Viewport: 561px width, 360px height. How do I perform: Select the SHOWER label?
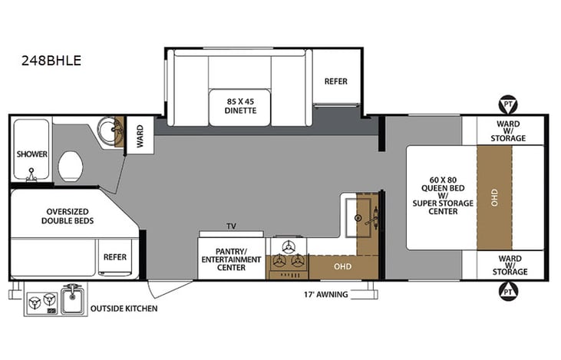click(x=32, y=154)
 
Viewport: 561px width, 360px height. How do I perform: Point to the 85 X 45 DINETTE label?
click(x=240, y=105)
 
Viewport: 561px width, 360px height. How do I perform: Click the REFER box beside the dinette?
click(x=336, y=81)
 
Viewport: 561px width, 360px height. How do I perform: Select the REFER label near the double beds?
click(x=115, y=257)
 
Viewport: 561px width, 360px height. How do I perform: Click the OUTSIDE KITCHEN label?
click(x=124, y=309)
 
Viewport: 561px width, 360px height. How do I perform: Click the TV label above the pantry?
click(x=231, y=226)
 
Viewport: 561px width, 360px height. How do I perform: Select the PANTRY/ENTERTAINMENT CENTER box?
click(x=231, y=259)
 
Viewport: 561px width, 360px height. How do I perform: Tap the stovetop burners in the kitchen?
click(x=289, y=256)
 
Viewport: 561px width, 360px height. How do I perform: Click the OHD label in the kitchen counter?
click(x=342, y=267)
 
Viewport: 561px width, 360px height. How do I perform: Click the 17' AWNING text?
click(x=325, y=294)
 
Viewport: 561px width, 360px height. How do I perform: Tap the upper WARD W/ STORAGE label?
click(x=509, y=130)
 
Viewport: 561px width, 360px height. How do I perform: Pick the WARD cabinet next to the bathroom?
click(x=140, y=137)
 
